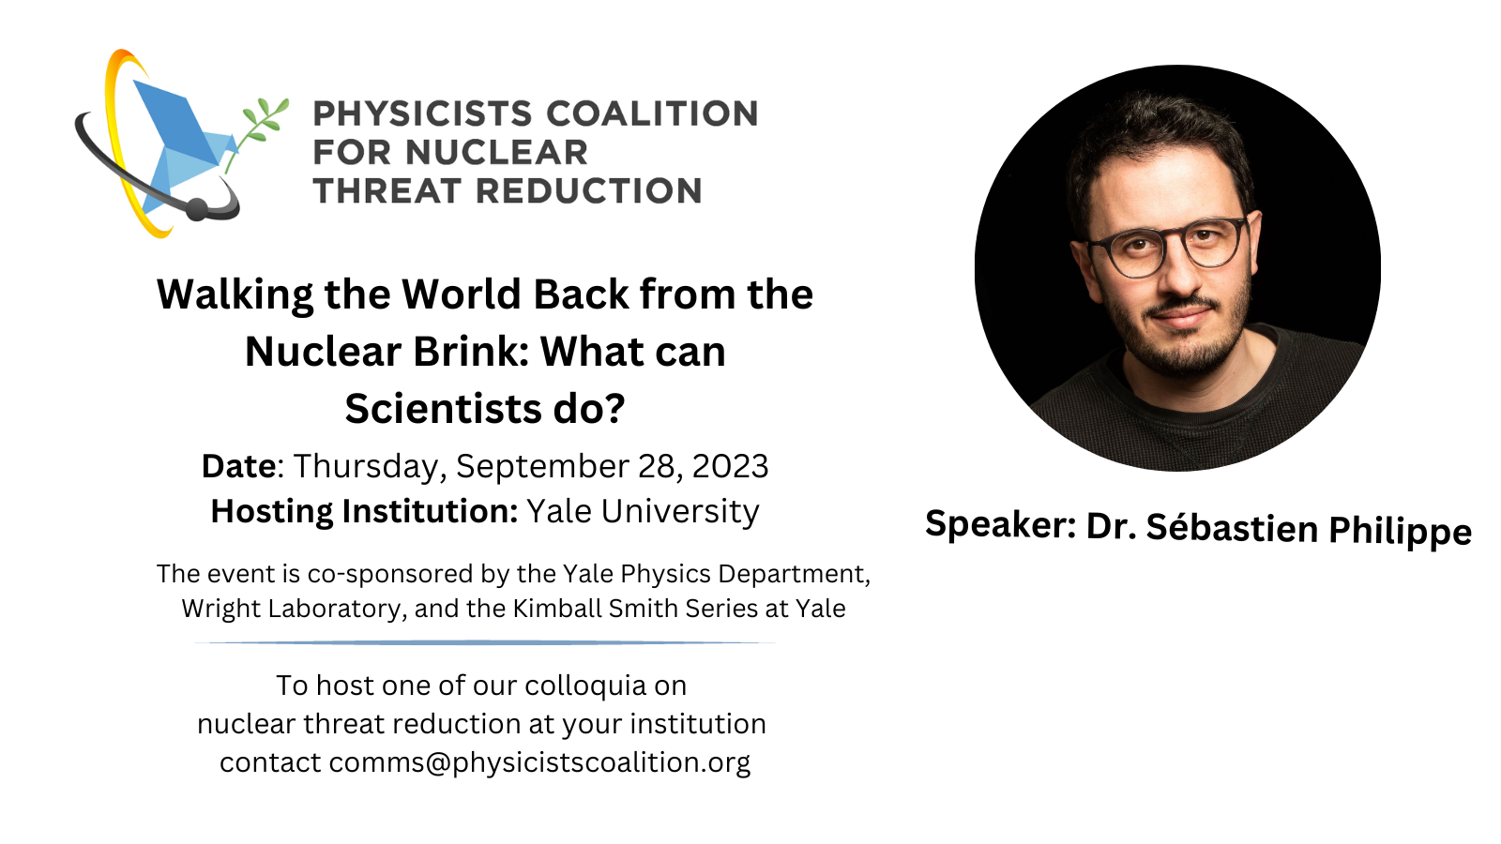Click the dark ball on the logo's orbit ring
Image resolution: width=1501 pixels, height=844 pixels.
(x=196, y=210)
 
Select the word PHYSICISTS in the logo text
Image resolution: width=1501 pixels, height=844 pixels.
(x=422, y=113)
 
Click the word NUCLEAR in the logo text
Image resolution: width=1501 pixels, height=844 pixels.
(x=496, y=153)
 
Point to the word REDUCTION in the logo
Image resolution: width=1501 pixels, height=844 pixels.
(x=589, y=191)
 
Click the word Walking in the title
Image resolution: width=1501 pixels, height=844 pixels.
(x=235, y=295)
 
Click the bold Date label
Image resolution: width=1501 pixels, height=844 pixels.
(x=238, y=466)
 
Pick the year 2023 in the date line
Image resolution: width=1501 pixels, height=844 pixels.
(x=731, y=466)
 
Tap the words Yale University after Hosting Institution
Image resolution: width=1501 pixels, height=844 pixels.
(x=644, y=512)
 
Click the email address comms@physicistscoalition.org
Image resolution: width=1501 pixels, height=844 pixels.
(x=539, y=763)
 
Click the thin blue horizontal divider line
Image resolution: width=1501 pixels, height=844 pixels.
(x=485, y=643)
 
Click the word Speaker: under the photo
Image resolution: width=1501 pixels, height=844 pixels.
(x=1001, y=524)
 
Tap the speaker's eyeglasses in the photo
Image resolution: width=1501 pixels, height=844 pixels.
(x=1167, y=246)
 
